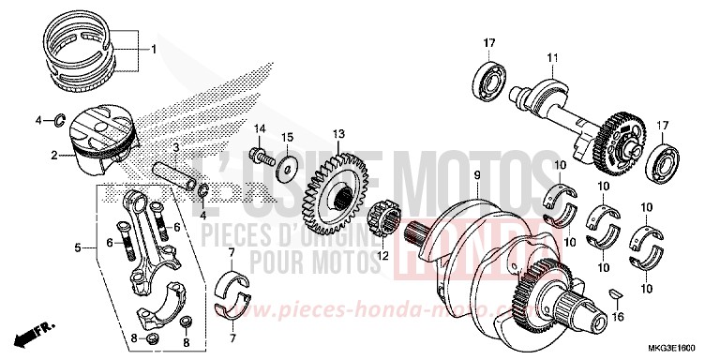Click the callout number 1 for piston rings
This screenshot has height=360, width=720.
click(155, 48)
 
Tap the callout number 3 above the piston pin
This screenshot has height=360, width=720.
click(175, 148)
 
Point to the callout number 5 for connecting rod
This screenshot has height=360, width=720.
click(80, 249)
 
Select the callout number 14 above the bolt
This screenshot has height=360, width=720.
click(262, 128)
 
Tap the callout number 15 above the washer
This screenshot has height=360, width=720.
click(288, 138)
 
